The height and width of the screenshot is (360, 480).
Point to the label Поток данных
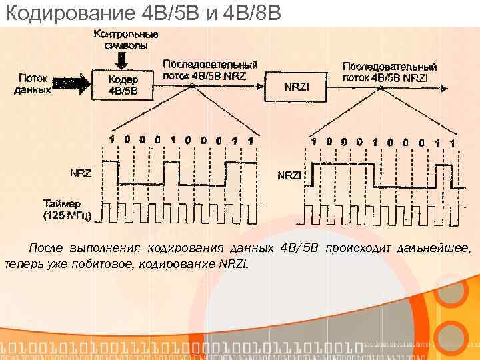pyautogui.click(x=33, y=83)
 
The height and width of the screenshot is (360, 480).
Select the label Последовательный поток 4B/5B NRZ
pyautogui.click(x=210, y=70)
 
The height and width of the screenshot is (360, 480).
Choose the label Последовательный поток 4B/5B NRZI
pyautogui.click(x=389, y=72)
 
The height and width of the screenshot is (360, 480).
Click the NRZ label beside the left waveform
pyautogui.click(x=81, y=172)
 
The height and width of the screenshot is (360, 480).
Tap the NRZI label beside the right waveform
pyautogui.click(x=289, y=175)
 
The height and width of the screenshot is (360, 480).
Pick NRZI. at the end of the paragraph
pyautogui.click(x=233, y=264)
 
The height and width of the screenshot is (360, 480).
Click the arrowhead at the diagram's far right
pyautogui.click(x=461, y=87)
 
